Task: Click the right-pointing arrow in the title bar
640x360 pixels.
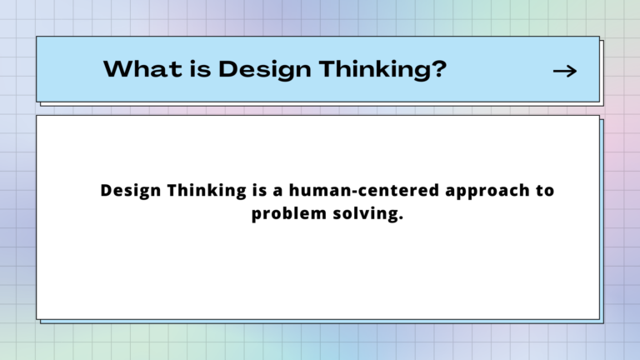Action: click(565, 72)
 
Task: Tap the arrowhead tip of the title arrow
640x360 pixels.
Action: click(575, 72)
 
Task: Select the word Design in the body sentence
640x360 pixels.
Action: click(129, 191)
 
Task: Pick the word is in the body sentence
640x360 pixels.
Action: click(259, 191)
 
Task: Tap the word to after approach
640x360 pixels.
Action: click(544, 191)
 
